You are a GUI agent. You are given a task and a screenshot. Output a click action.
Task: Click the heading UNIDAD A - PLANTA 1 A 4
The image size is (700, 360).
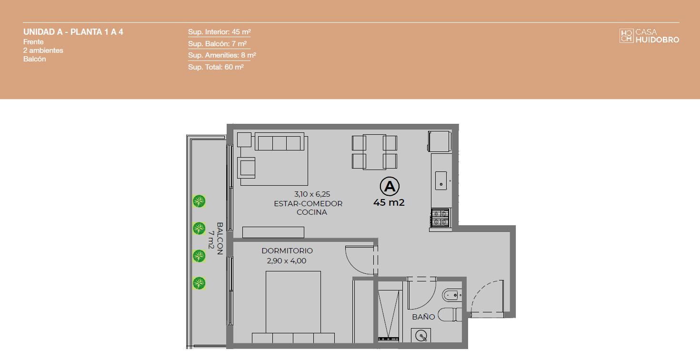pos(73,32)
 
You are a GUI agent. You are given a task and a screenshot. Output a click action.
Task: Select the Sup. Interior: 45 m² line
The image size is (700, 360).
pos(220,32)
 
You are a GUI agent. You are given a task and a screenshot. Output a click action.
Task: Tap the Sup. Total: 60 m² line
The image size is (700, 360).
pos(216,67)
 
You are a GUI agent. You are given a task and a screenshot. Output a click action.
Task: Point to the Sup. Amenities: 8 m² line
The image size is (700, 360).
pos(222,55)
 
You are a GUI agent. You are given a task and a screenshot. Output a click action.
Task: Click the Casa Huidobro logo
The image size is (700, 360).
pos(649,36)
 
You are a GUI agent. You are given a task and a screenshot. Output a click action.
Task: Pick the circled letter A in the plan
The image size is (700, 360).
pos(390,186)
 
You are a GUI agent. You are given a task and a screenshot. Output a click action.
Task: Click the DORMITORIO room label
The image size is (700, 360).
pos(287,250)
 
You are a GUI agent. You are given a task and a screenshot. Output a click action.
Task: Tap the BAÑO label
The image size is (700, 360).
pos(423,317)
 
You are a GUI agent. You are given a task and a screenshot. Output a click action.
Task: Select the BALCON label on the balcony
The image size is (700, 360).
pos(220,239)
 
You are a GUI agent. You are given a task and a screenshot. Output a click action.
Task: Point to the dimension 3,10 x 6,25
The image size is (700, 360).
pos(312,194)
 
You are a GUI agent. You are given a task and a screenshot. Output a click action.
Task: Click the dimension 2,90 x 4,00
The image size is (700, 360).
pos(286,260)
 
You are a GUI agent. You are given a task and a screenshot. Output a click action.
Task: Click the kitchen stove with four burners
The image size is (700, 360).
pos(440,218)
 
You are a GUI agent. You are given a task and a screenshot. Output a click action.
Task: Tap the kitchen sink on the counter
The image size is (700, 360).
pos(441,180)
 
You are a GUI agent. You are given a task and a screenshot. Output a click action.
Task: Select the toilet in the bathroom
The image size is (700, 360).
pos(450,314)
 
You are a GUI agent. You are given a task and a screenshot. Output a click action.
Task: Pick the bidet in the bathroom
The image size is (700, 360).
pos(452,295)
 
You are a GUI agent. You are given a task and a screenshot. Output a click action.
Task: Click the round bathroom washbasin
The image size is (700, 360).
pos(421,336)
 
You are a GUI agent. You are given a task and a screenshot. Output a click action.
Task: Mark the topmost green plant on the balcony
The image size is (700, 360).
pos(199,201)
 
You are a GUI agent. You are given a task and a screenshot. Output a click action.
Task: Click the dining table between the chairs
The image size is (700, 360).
pos(374,152)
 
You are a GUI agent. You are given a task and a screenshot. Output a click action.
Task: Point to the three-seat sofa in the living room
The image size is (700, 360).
pos(280,141)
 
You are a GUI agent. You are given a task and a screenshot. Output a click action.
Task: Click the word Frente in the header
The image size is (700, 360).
pos(33,42)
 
